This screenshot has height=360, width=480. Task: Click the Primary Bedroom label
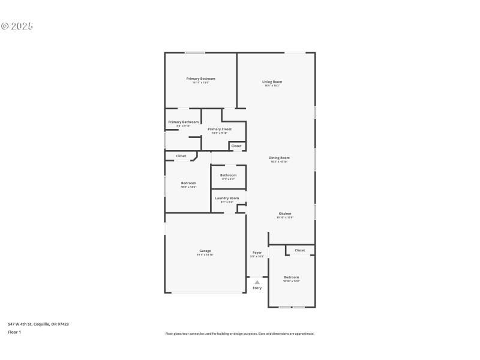point(200,79)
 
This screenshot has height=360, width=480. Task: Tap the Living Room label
point(272,82)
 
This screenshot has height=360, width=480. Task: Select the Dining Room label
point(279,158)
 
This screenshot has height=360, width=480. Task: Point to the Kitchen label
point(284,214)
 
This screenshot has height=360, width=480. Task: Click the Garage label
point(205,251)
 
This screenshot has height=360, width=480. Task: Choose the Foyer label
point(257,253)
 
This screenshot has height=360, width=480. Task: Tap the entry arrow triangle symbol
point(257,281)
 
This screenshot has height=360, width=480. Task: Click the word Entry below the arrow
point(257,288)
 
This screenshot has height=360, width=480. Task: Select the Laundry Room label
point(227,198)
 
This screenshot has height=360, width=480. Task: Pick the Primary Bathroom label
point(183,122)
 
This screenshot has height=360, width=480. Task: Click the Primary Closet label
point(219,129)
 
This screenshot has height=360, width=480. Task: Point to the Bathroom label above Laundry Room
point(228,175)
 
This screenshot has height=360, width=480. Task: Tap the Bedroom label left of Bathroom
point(188,183)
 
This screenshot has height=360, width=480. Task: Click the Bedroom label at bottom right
point(291,277)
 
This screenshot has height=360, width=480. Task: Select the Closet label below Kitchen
point(299,250)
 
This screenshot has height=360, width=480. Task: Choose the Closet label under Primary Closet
point(236,146)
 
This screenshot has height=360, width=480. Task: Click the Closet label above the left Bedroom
point(181,156)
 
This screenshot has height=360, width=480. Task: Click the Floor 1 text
point(14,332)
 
